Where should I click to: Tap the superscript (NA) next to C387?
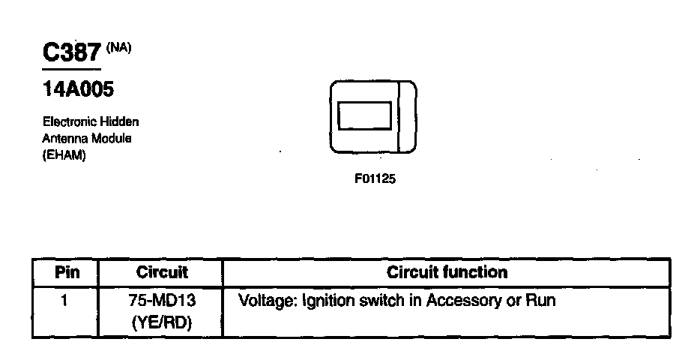118,47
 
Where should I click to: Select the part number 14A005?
77,90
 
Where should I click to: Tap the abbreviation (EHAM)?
64,155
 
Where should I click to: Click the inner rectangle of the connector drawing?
364,117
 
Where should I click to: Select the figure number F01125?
374,180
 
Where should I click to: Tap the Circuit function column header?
447,272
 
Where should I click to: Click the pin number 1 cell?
64,301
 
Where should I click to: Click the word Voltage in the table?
265,301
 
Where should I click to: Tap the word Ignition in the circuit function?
328,301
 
